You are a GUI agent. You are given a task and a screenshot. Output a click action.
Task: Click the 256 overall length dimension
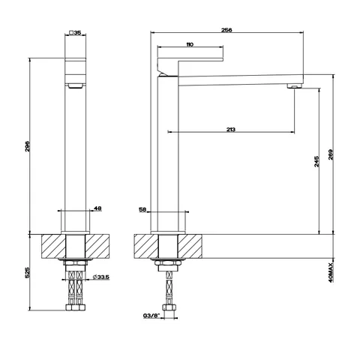pos(226,30)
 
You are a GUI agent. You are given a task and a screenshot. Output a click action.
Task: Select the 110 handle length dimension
pos(190,45)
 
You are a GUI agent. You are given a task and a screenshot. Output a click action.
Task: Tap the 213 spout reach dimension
pos(231,130)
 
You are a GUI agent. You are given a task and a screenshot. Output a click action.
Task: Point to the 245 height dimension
pos(316,161)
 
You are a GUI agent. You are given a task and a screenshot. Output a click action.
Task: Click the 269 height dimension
pos(331,155)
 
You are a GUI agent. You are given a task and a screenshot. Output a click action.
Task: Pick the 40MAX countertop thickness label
pos(331,272)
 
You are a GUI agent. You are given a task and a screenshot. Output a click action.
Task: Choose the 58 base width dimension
pos(142,209)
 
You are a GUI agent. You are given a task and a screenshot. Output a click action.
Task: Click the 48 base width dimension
pos(97,208)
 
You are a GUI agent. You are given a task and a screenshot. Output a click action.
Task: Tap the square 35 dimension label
pos(75,32)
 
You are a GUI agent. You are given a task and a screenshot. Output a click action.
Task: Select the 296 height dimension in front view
pos(28,146)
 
